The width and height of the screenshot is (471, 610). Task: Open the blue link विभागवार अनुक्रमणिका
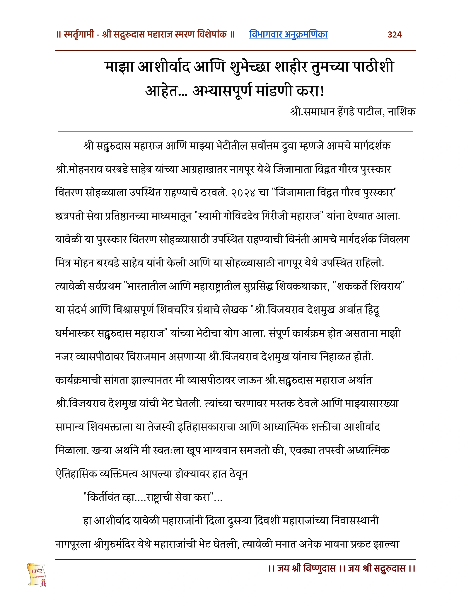pos(288,34)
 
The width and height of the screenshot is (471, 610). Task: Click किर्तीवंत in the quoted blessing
pos(103,497)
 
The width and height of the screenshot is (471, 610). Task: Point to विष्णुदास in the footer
pos(319,569)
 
